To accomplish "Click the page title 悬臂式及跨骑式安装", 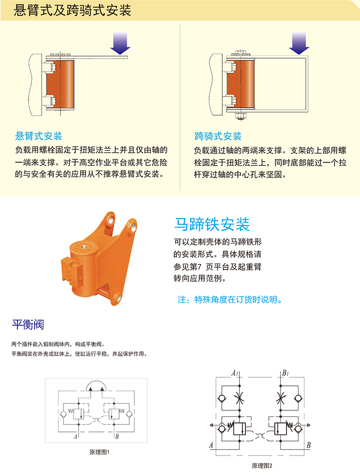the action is pyautogui.click(x=73, y=11).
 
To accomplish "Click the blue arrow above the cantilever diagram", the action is pyautogui.click(x=120, y=43).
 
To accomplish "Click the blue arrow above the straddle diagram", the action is pyautogui.click(x=299, y=43).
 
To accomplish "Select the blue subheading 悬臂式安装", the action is pyautogui.click(x=39, y=136).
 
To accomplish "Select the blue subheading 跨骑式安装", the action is pyautogui.click(x=218, y=136).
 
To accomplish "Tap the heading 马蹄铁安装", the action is pyautogui.click(x=212, y=224).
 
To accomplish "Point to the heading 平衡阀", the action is pyautogui.click(x=28, y=325).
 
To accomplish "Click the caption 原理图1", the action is pyautogui.click(x=99, y=452).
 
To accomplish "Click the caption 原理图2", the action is pyautogui.click(x=262, y=465).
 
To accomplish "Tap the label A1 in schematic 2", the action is pyautogui.click(x=235, y=373).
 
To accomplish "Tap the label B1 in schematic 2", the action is pyautogui.click(x=285, y=373).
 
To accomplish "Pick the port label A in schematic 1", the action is pyautogui.click(x=76, y=436).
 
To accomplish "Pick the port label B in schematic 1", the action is pyautogui.click(x=117, y=436).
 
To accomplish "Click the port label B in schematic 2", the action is pyautogui.click(x=308, y=445).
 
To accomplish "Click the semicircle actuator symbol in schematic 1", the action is pyautogui.click(x=96, y=382).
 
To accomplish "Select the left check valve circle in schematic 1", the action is pyautogui.click(x=63, y=414).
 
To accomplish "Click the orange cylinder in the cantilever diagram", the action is pyautogui.click(x=60, y=85).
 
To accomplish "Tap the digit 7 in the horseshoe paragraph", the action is pyautogui.click(x=200, y=267).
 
